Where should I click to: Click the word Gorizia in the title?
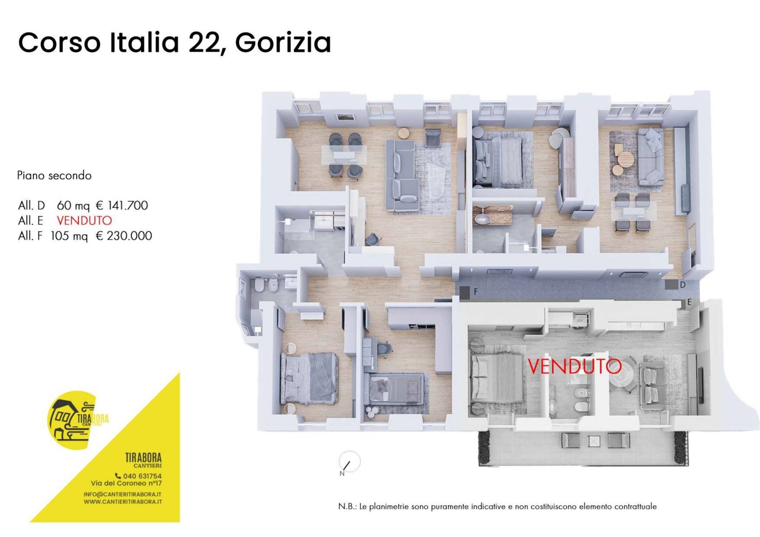pyautogui.click(x=283, y=43)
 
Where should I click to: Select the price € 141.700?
pyautogui.click(x=122, y=205)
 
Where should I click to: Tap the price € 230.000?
pyautogui.click(x=124, y=236)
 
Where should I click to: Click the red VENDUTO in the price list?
pyautogui.click(x=84, y=221)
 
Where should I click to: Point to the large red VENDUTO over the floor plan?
pyautogui.click(x=574, y=366)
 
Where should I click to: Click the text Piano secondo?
pyautogui.click(x=54, y=175)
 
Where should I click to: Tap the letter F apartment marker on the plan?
pyautogui.click(x=476, y=292)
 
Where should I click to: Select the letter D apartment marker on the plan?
pyautogui.click(x=682, y=285)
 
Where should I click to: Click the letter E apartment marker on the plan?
pyautogui.click(x=689, y=302)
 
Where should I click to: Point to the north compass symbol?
pyautogui.click(x=349, y=462)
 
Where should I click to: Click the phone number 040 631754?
pyautogui.click(x=142, y=476)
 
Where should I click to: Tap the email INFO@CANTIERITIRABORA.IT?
pyautogui.click(x=122, y=494)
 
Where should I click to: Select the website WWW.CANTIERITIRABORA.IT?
pyautogui.click(x=122, y=502)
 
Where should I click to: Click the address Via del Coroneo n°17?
pyautogui.click(x=126, y=483)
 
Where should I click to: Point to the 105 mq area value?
pyautogui.click(x=69, y=236)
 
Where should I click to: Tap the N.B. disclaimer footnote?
pyautogui.click(x=497, y=507)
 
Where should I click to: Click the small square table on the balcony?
pyautogui.click(x=594, y=441)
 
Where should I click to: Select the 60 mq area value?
pyautogui.click(x=73, y=205)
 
